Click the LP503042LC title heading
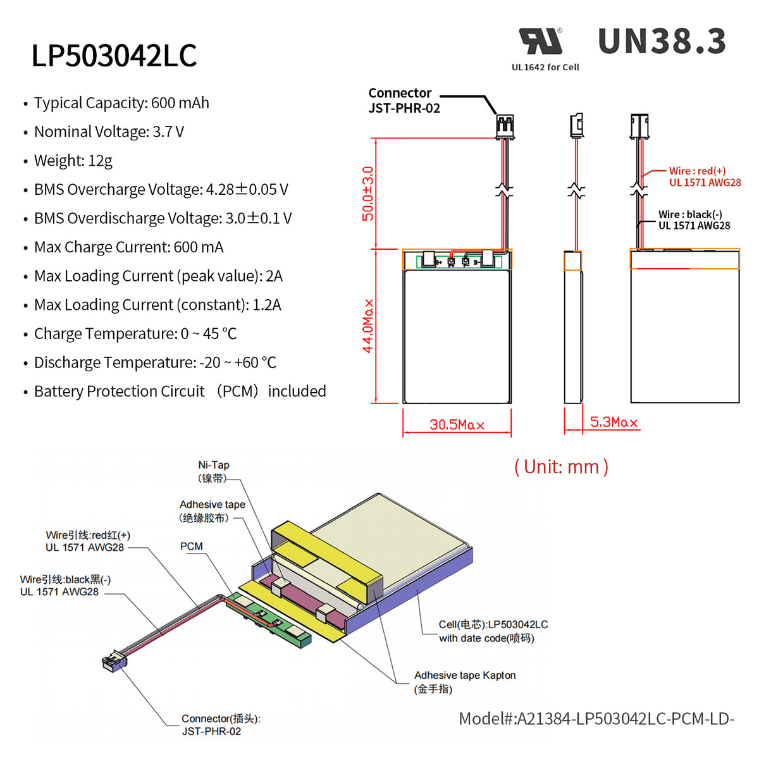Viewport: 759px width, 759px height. coord(114,56)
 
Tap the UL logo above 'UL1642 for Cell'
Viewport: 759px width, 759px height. coord(541,42)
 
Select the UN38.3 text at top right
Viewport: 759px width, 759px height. coord(662,42)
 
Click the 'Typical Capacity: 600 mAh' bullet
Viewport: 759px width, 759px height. coord(121,103)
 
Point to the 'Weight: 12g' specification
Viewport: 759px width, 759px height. coord(73,161)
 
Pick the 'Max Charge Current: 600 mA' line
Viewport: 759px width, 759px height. coord(129,247)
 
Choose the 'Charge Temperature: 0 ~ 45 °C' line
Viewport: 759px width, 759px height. coord(135,334)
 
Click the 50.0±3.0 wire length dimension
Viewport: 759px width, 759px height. coord(367,194)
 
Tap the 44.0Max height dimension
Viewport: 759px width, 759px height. coord(367,326)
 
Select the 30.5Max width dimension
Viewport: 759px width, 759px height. coord(457,424)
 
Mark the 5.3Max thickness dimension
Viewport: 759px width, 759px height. coord(614,422)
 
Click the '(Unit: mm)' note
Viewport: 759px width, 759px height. coord(561,467)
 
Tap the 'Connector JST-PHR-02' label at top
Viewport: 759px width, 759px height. coord(404,101)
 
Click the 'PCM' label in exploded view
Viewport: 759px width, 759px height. coord(191,546)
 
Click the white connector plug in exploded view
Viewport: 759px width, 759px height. coord(114,662)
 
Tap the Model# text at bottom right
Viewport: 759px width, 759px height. coord(596,719)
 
